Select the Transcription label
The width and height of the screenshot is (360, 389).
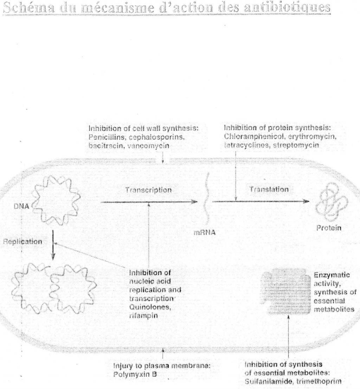pyautogui.click(x=148, y=190)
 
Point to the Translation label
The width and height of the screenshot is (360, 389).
pyautogui.click(x=269, y=190)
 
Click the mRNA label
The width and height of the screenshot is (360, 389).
pyautogui.click(x=205, y=233)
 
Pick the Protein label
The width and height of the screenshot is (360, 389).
pyautogui.click(x=329, y=228)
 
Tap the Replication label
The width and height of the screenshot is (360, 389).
pyautogui.click(x=22, y=242)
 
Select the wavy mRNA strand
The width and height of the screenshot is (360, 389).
pyautogui.click(x=208, y=200)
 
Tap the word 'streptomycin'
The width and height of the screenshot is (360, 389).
pyautogui.click(x=296, y=145)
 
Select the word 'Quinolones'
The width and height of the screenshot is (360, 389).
pyautogui.click(x=150, y=307)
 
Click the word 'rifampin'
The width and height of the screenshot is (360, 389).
pyautogui.click(x=143, y=316)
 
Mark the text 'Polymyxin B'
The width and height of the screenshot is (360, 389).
pyautogui.click(x=135, y=374)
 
